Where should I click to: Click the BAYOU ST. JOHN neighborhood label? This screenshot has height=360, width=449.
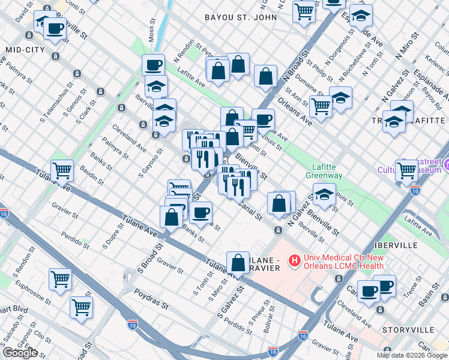coord(240,17)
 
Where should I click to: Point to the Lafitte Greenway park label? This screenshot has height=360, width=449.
coord(327,171)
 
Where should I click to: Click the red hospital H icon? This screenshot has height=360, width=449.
coord(294,261)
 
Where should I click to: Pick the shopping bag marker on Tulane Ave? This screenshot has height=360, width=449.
coord(238,263)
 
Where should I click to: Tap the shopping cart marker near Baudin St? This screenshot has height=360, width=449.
coord(62,170)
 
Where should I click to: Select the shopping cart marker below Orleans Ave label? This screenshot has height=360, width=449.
coord(321,106)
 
